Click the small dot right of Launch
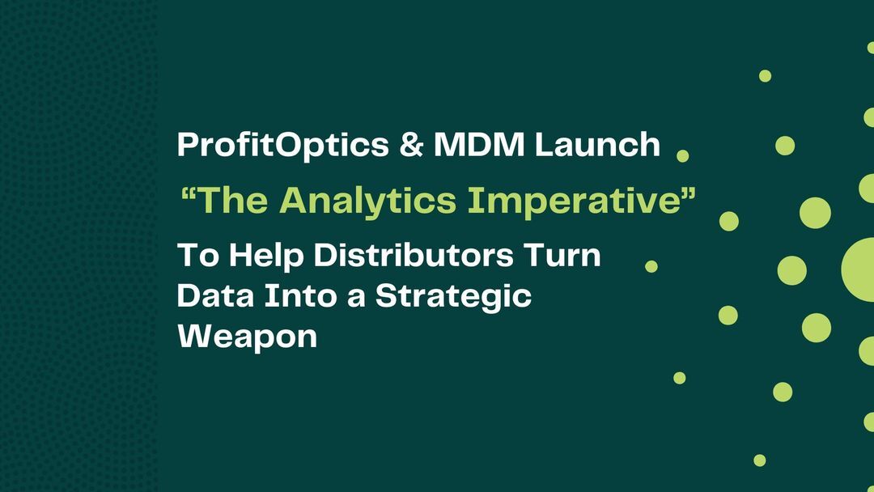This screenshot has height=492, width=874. pos(682,155)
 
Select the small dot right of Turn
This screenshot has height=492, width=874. pos(651,266)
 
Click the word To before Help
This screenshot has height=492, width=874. pos(197,256)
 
